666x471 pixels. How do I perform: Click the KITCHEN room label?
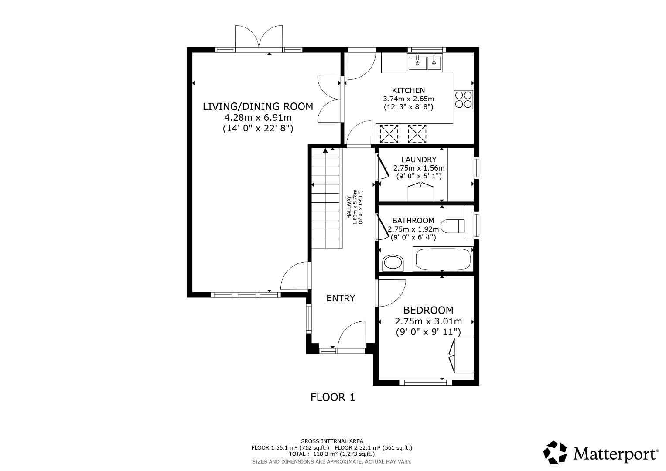(x=408, y=90)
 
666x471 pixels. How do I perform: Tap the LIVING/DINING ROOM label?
(x=258, y=106)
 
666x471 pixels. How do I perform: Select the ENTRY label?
(x=341, y=298)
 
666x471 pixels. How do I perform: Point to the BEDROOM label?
(x=428, y=311)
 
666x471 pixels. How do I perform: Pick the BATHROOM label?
(x=413, y=221)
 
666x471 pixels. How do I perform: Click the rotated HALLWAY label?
(x=349, y=207)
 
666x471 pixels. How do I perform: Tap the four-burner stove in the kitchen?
(x=463, y=99)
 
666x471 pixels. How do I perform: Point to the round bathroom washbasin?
(x=393, y=263)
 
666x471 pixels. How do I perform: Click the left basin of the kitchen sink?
(x=417, y=63)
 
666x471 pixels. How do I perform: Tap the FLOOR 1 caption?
(x=333, y=397)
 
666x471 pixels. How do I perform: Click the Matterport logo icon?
(x=555, y=452)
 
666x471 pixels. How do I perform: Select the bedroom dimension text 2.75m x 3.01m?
(x=428, y=321)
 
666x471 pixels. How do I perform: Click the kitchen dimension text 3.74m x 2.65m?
(x=408, y=99)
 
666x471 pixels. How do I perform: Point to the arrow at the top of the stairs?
(x=325, y=151)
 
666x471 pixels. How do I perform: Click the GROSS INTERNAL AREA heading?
(x=331, y=441)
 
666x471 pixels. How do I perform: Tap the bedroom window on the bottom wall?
(x=425, y=383)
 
